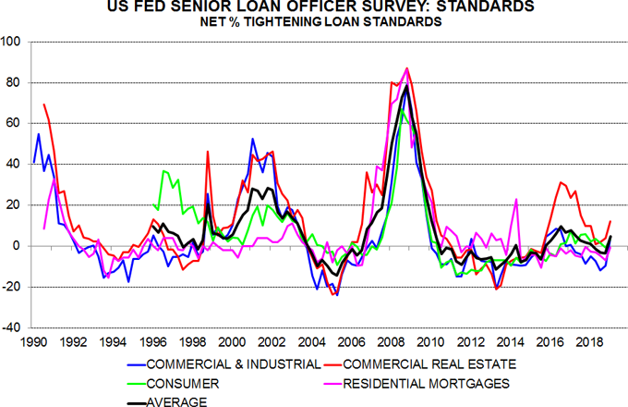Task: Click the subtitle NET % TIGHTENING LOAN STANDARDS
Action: click(x=314, y=23)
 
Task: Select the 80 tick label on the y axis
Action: click(x=17, y=82)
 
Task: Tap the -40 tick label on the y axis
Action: click(x=14, y=327)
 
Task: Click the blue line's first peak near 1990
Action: click(x=39, y=134)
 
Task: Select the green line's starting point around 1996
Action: click(x=153, y=205)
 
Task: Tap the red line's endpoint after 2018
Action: click(x=610, y=221)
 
